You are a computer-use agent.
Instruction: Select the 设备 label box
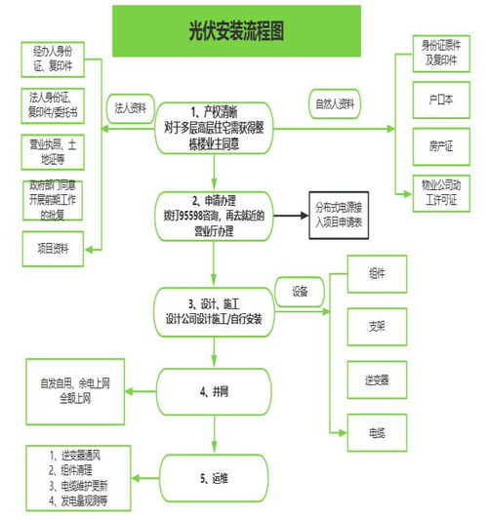[300, 290]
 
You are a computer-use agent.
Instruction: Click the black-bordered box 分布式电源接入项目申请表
[340, 214]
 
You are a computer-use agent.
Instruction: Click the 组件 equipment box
[376, 274]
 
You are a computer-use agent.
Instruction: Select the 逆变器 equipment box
[376, 378]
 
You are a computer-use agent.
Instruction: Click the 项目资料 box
[54, 248]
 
